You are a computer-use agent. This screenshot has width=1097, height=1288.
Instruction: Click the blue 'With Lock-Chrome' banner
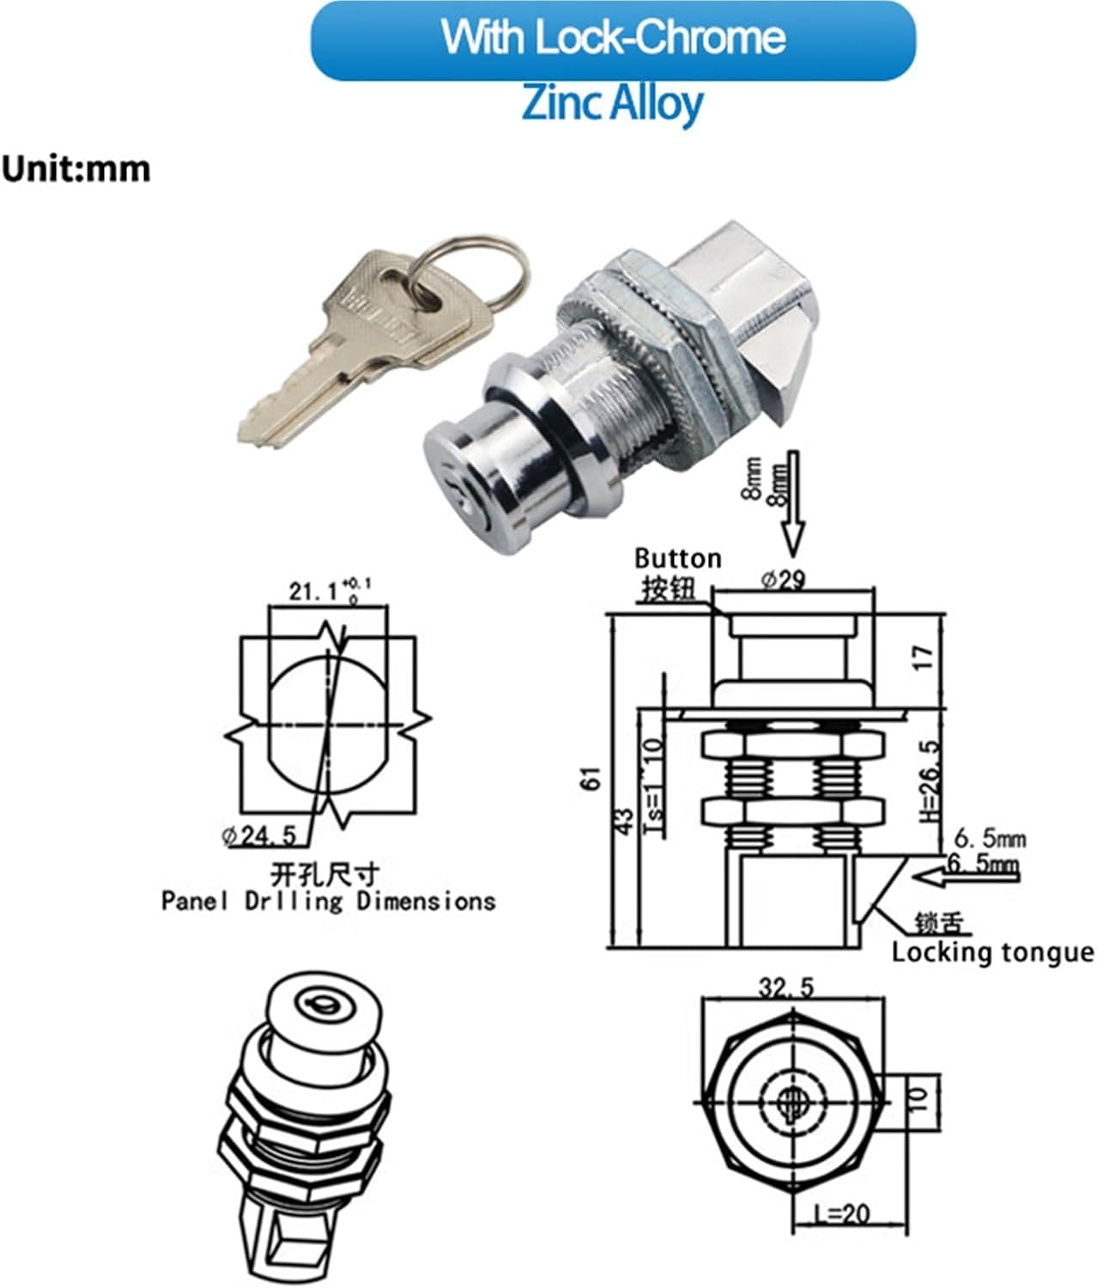[x=613, y=39]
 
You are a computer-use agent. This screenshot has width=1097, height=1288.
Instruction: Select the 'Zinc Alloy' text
[x=613, y=103]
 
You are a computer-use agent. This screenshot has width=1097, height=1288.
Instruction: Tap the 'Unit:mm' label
[x=76, y=169]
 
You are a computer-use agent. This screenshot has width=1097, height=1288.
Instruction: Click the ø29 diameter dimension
[x=783, y=580]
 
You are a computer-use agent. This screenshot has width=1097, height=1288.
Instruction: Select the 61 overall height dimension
[x=593, y=778]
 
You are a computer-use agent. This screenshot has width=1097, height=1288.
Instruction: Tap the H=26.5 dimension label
[x=929, y=781]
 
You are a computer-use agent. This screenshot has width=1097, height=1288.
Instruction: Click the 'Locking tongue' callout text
[x=992, y=952]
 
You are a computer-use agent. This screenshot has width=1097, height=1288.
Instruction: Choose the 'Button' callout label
[x=677, y=559]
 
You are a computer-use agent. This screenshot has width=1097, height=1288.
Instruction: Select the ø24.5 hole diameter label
[x=258, y=835]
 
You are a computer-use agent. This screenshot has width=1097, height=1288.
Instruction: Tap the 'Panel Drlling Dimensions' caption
[x=329, y=902]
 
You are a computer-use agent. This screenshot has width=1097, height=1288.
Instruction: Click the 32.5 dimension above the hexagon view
[x=785, y=988]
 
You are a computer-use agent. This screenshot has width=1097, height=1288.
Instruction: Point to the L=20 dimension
[x=843, y=1213]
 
